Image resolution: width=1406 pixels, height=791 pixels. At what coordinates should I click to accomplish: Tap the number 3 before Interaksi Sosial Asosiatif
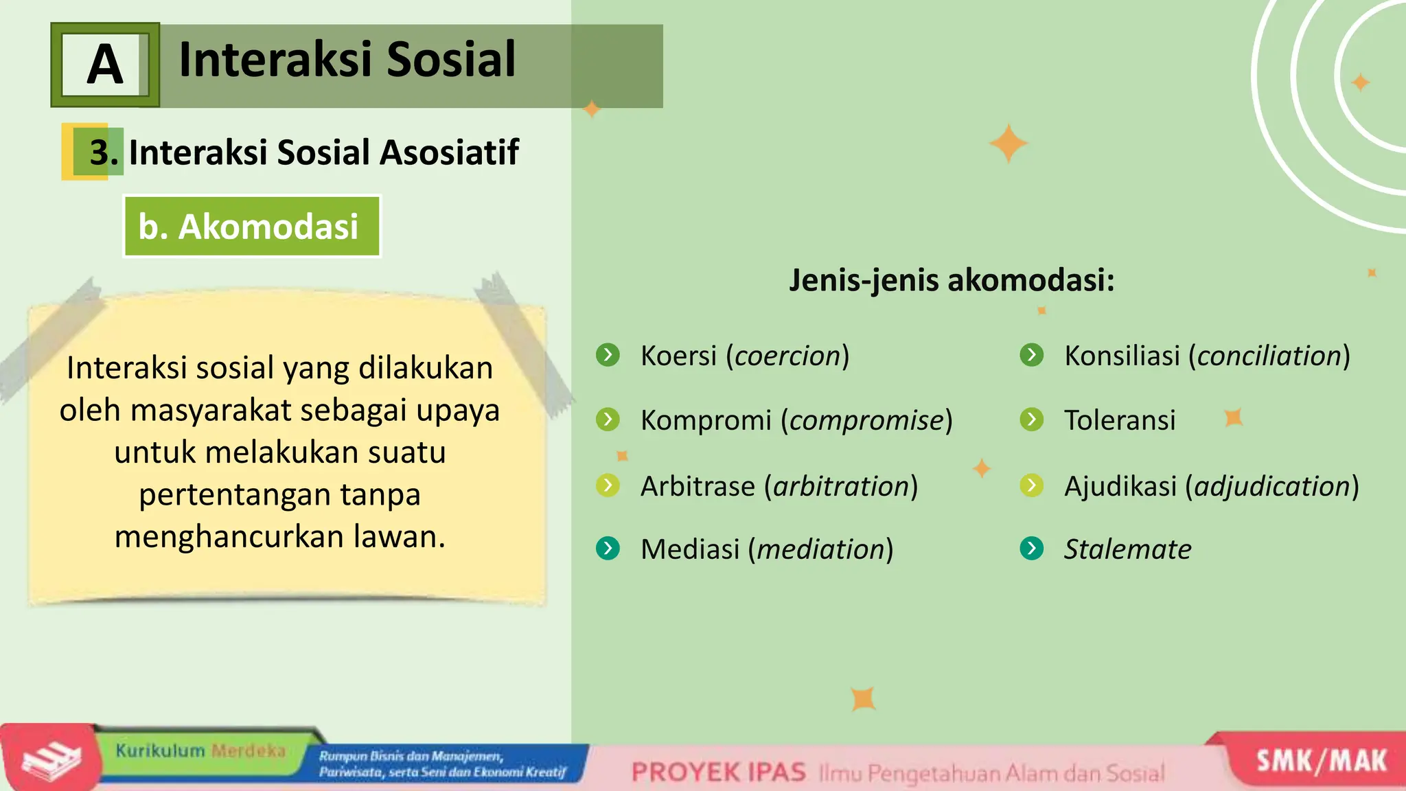click(101, 152)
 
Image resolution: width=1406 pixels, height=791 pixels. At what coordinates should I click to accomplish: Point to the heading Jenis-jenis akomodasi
click(951, 280)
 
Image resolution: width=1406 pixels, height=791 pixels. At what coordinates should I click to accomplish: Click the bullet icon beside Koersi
click(608, 355)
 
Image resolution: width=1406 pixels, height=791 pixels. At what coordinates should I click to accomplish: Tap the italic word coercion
click(787, 356)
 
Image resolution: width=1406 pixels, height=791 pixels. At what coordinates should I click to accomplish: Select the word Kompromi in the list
click(706, 420)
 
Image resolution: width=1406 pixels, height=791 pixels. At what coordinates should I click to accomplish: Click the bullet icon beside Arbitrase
click(608, 485)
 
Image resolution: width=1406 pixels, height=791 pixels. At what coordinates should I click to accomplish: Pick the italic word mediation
click(820, 549)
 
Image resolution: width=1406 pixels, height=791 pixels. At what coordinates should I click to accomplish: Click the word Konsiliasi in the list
click(1121, 356)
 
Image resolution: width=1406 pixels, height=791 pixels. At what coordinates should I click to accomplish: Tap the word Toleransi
click(1120, 420)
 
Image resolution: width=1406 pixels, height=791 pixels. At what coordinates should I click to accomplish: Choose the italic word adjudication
click(1272, 486)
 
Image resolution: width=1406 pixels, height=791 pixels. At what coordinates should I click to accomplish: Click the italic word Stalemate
click(1127, 549)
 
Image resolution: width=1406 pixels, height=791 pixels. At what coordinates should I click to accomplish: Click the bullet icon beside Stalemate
click(1031, 548)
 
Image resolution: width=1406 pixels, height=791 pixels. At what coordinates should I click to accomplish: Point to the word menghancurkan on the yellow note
click(231, 537)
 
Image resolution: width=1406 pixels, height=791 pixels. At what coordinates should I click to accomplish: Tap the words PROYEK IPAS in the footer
click(718, 772)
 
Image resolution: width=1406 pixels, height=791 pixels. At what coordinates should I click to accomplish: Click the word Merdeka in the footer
click(248, 750)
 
